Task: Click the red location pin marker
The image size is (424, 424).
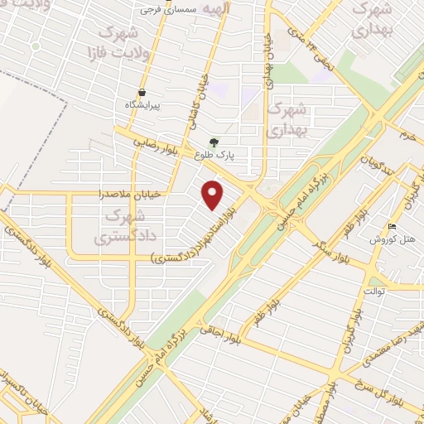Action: pyautogui.click(x=214, y=195)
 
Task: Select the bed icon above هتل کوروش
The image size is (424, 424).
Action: pyautogui.click(x=392, y=227)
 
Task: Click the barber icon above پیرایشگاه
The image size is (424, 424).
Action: pyautogui.click(x=142, y=93)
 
